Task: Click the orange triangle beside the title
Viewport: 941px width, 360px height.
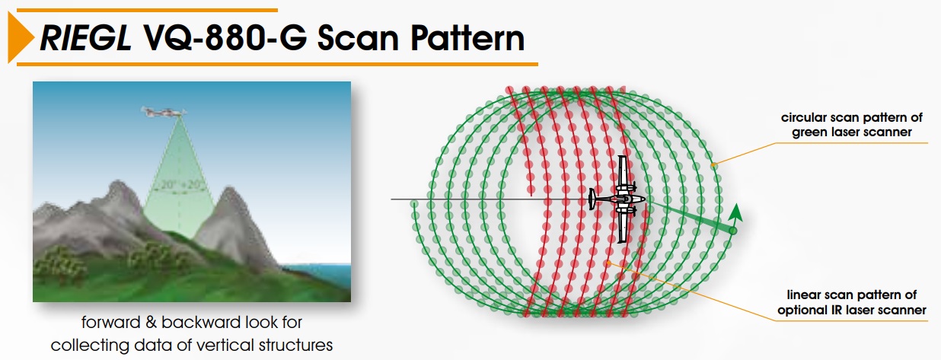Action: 19,37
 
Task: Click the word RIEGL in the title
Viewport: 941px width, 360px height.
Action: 85,38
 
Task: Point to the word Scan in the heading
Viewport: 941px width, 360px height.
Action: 358,38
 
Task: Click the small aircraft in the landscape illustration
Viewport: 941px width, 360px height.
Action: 164,112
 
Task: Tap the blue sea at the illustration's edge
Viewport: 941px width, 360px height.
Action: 319,273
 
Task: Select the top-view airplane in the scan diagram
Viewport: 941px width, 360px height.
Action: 617,199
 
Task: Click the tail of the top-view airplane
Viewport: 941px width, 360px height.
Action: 592,199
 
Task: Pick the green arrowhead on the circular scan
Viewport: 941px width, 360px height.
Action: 735,212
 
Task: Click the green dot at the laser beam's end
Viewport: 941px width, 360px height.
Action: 732,231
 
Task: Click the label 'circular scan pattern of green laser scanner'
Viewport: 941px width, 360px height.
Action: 851,125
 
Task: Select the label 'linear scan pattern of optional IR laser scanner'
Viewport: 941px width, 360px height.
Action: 851,302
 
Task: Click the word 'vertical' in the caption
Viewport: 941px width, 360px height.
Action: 221,346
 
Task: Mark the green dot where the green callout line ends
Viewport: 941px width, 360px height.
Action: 713,164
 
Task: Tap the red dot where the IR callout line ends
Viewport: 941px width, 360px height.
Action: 609,263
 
